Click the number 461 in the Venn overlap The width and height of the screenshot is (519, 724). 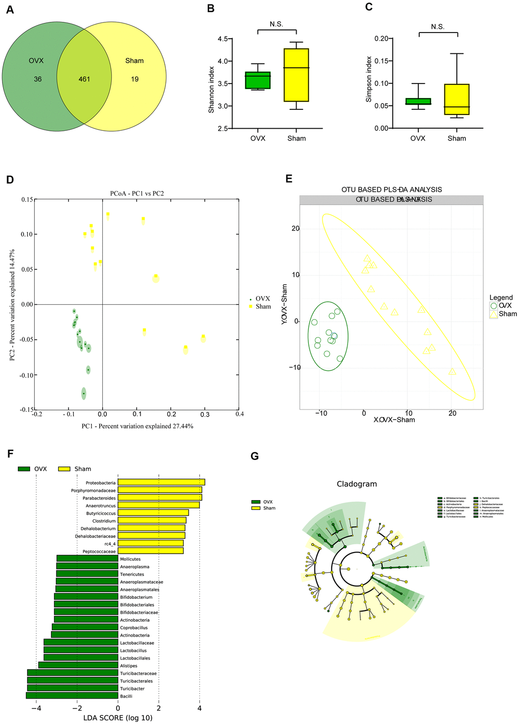(x=84, y=79)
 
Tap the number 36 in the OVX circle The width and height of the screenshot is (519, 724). (x=38, y=79)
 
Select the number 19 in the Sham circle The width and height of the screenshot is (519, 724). (x=134, y=79)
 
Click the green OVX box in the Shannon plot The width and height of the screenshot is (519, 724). (x=257, y=80)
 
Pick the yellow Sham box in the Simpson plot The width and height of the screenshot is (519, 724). (x=457, y=99)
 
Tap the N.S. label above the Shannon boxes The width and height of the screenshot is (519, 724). (x=276, y=24)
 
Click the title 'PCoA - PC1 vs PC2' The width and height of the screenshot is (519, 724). (x=137, y=193)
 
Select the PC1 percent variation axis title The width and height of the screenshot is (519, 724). (x=137, y=426)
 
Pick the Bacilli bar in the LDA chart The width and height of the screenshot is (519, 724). (x=72, y=696)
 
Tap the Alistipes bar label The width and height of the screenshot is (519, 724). (x=129, y=665)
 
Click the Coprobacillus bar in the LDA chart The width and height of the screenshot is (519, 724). (x=85, y=627)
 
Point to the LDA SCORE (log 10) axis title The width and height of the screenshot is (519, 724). (x=118, y=718)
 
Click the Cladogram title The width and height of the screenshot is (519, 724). (x=357, y=484)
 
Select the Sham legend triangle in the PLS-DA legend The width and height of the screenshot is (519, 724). (x=494, y=314)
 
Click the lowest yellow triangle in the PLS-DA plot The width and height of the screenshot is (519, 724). (x=452, y=371)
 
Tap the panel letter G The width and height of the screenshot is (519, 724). (x=254, y=456)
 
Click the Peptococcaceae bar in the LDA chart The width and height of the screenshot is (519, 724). (x=151, y=551)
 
